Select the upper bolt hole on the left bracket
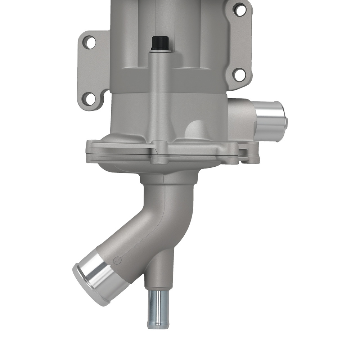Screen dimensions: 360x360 pyautogui.click(x=91, y=42)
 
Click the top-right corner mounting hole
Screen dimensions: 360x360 pyautogui.click(x=239, y=10)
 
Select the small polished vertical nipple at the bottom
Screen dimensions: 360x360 pyautogui.click(x=156, y=308)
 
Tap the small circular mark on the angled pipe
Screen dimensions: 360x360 pyautogui.click(x=116, y=260)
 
